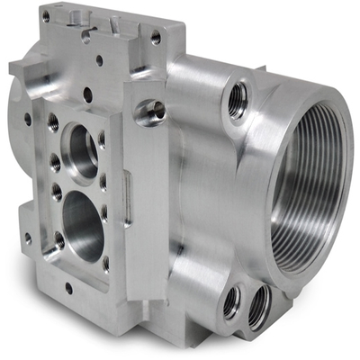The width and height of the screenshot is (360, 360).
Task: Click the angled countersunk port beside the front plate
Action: point(148,113)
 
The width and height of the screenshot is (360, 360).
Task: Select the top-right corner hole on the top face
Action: point(156,37)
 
